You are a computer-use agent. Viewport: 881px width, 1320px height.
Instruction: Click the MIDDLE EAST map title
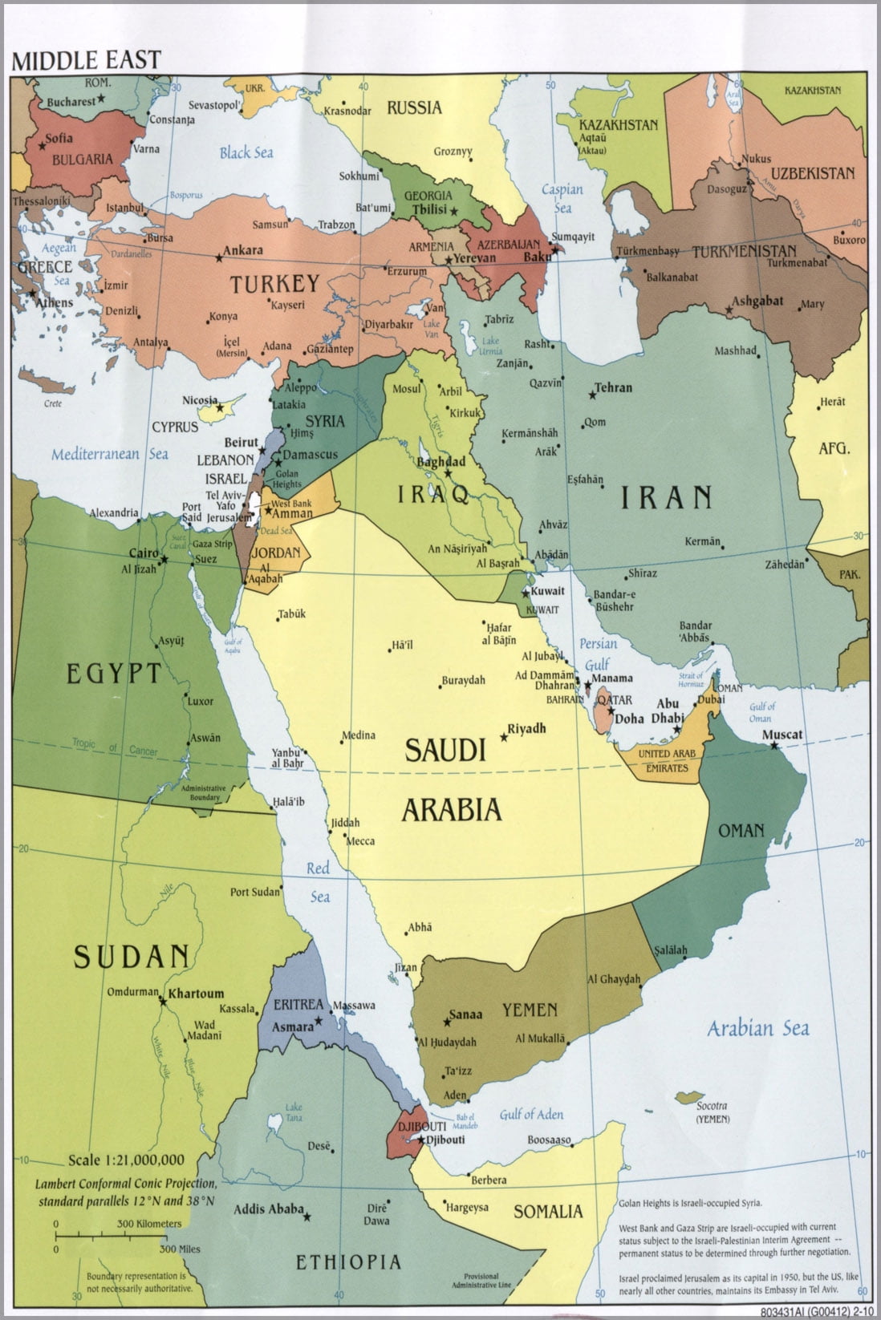[x=85, y=59]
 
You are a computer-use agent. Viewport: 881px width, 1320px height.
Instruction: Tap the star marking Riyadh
[x=504, y=736]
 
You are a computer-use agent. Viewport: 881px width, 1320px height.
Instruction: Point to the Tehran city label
[x=614, y=387]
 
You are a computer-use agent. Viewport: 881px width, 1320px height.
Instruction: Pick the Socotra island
[x=689, y=1095]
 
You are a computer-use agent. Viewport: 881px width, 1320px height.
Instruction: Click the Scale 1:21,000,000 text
[x=126, y=1160]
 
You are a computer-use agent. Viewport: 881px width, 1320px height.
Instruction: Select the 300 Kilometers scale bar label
[x=149, y=1224]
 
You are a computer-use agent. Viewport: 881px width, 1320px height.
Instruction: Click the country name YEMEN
[x=530, y=1010]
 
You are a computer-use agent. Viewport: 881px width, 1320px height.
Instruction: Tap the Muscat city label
[x=782, y=734]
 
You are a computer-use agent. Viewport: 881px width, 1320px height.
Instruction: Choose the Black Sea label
[x=246, y=152]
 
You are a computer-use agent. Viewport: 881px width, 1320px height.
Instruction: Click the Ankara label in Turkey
[x=242, y=250]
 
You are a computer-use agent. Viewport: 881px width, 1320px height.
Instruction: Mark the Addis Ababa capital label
[x=268, y=1209]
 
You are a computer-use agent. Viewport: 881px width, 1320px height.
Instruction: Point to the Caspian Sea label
[x=562, y=198]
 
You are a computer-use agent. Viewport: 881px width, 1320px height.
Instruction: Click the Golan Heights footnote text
[x=690, y=1203]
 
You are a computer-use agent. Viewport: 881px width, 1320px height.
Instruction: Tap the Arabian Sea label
[x=757, y=1028]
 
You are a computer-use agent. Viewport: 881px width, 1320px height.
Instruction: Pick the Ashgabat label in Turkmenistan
[x=757, y=301]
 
